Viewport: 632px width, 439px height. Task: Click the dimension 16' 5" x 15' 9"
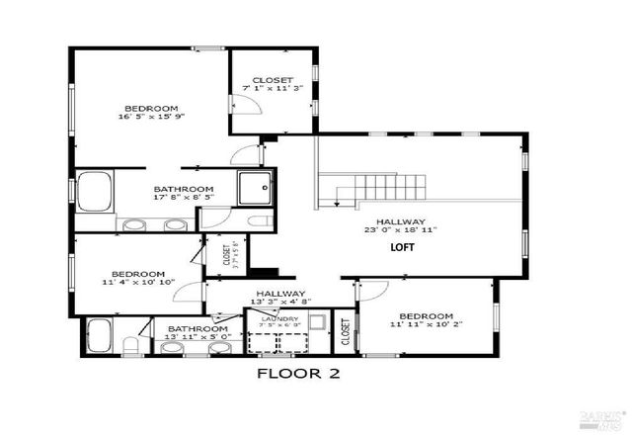click(150, 117)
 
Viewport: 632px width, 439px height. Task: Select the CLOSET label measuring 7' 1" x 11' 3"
click(272, 81)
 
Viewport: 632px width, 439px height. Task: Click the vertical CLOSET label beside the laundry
click(345, 332)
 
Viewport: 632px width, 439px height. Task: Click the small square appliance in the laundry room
click(317, 321)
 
